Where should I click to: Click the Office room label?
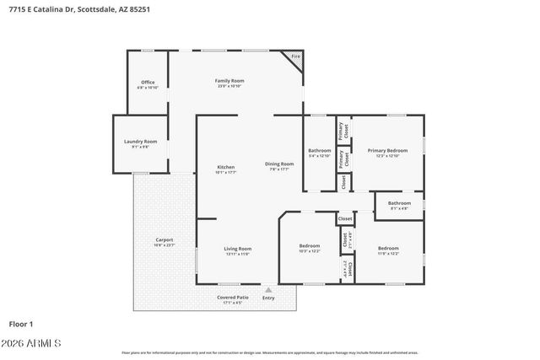pyautogui.click(x=148, y=82)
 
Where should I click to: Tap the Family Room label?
pyautogui.click(x=229, y=80)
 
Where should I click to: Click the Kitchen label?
pyautogui.click(x=226, y=167)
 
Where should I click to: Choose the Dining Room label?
pyautogui.click(x=279, y=164)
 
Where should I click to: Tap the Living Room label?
pyautogui.click(x=237, y=249)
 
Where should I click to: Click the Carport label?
pyautogui.click(x=164, y=240)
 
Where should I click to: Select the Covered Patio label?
pyautogui.click(x=232, y=298)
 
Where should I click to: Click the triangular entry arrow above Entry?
pyautogui.click(x=268, y=289)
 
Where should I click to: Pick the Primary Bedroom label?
pyautogui.click(x=387, y=150)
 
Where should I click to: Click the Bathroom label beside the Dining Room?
pyautogui.click(x=319, y=150)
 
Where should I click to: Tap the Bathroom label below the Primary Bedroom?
pyautogui.click(x=399, y=203)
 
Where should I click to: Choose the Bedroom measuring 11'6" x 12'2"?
pyautogui.click(x=388, y=248)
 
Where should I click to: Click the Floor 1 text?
pyautogui.click(x=20, y=323)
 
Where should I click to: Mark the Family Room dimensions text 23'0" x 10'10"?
pyautogui.click(x=229, y=86)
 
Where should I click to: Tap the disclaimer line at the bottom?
pyautogui.click(x=270, y=352)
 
